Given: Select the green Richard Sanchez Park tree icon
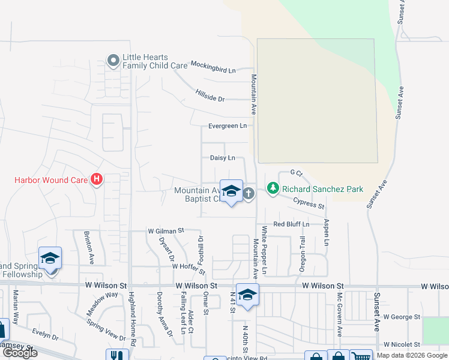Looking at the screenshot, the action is coord(273,189).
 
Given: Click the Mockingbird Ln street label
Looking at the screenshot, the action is coord(212,67).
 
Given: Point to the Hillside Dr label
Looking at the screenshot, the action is coord(209,95).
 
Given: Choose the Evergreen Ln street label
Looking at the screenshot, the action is coord(228,126).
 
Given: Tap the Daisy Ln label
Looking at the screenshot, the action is coord(222,158).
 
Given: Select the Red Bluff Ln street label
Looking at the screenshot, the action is coord(291,224).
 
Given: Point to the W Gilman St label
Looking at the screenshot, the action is coord(165,230).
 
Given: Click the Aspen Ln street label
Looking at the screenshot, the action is coord(327,232).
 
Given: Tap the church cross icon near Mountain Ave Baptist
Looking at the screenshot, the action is coord(249,193).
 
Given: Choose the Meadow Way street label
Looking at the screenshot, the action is coord(102,301).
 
